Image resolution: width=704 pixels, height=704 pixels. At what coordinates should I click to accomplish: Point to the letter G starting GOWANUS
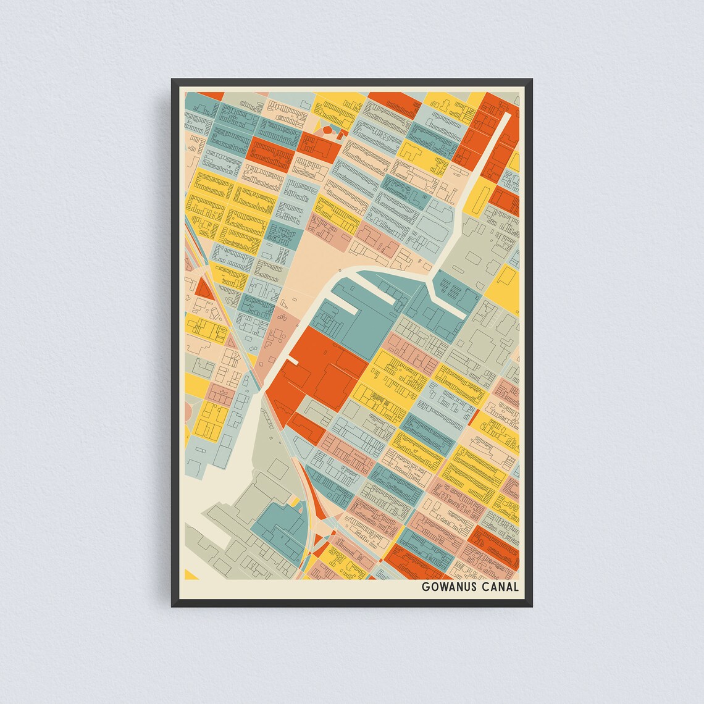pos(425,587)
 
